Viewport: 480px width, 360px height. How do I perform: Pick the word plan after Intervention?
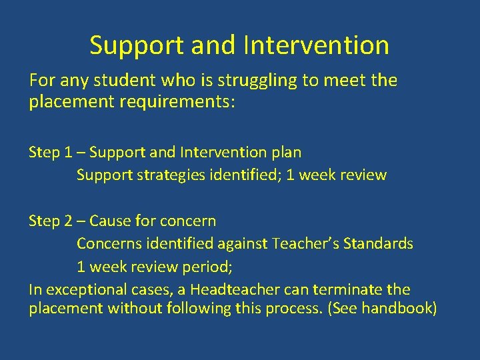(x=287, y=152)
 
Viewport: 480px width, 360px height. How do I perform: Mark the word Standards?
(x=378, y=243)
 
